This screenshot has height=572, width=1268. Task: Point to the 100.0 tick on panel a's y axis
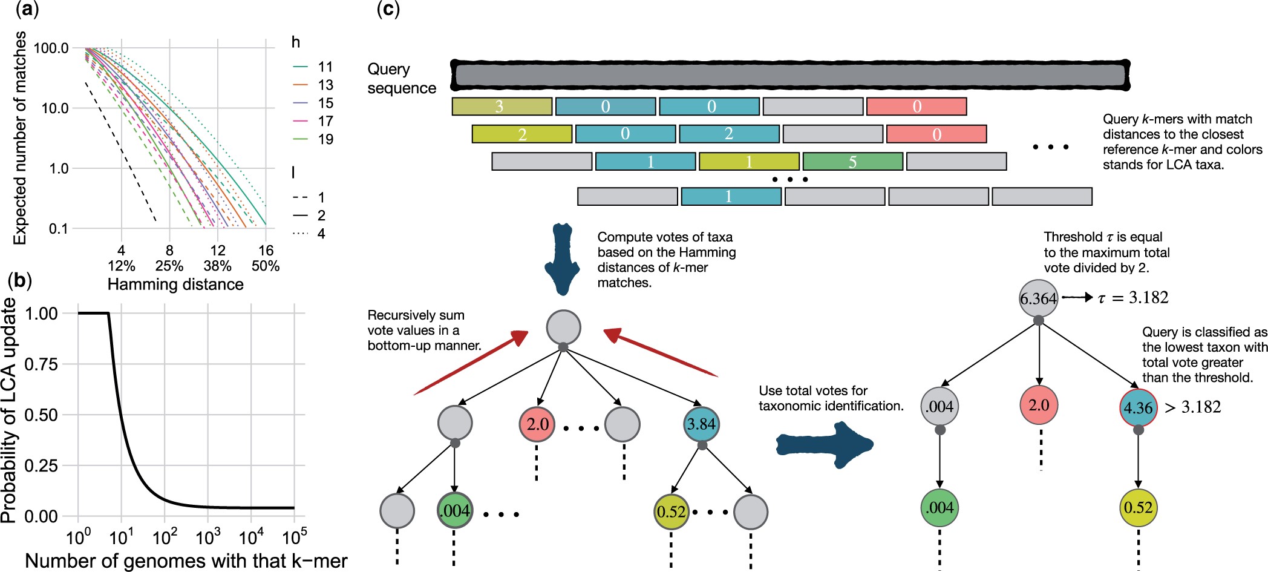51,48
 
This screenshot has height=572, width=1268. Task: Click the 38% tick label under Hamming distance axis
217,266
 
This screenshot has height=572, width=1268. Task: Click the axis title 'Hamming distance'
175,284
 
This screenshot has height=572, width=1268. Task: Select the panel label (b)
19,280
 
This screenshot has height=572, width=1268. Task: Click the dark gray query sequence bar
790,75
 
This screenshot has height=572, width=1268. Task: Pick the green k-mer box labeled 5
852,162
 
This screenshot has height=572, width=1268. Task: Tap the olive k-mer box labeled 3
502,107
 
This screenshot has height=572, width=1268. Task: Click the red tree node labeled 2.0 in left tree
537,424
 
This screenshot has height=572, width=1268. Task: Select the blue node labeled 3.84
701,424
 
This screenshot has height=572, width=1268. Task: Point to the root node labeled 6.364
1038,298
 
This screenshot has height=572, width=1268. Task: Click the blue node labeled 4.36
1138,407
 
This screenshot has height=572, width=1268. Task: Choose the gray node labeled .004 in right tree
940,406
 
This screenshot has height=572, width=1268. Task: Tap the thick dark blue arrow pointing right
825,445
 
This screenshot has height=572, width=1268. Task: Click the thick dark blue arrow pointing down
563,259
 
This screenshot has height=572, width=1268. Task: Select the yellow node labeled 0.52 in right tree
1138,507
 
